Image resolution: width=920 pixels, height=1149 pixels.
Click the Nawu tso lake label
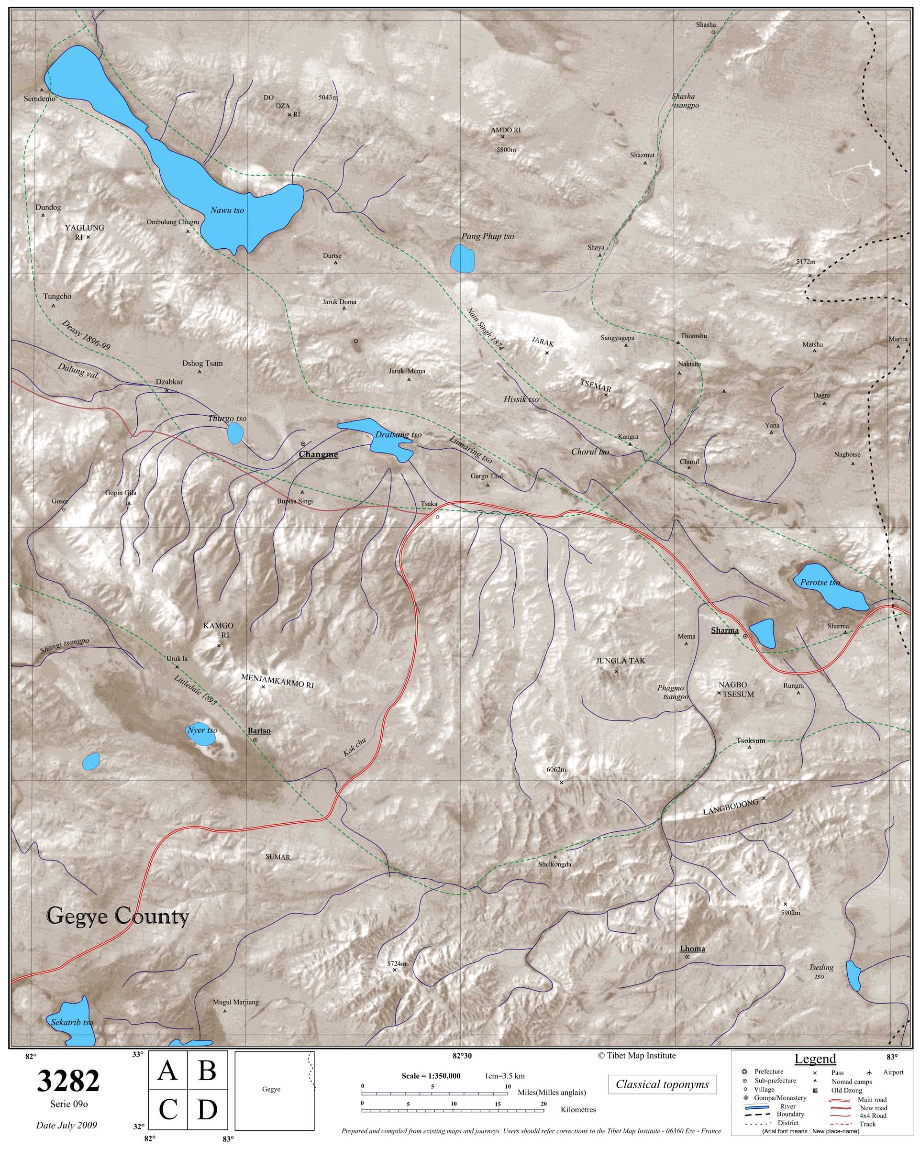pos(227,210)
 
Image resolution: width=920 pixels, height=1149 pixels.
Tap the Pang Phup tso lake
pos(462,258)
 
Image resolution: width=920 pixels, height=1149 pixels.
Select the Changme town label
pos(318,454)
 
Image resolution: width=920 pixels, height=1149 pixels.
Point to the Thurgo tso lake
pos(235,433)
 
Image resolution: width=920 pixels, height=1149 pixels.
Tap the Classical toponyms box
pos(662,1084)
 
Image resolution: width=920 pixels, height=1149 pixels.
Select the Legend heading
pos(815,1059)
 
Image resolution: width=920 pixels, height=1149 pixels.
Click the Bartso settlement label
pos(259,730)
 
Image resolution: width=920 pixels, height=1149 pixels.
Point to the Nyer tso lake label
pos(202,730)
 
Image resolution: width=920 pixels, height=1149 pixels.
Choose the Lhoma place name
pos(692,963)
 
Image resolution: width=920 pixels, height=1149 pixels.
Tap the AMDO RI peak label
pos(505,130)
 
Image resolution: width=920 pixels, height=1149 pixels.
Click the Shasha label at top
pos(706,24)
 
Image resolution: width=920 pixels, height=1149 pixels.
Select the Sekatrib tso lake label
pos(72,1023)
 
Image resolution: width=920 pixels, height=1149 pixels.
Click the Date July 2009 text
pos(67,1126)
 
